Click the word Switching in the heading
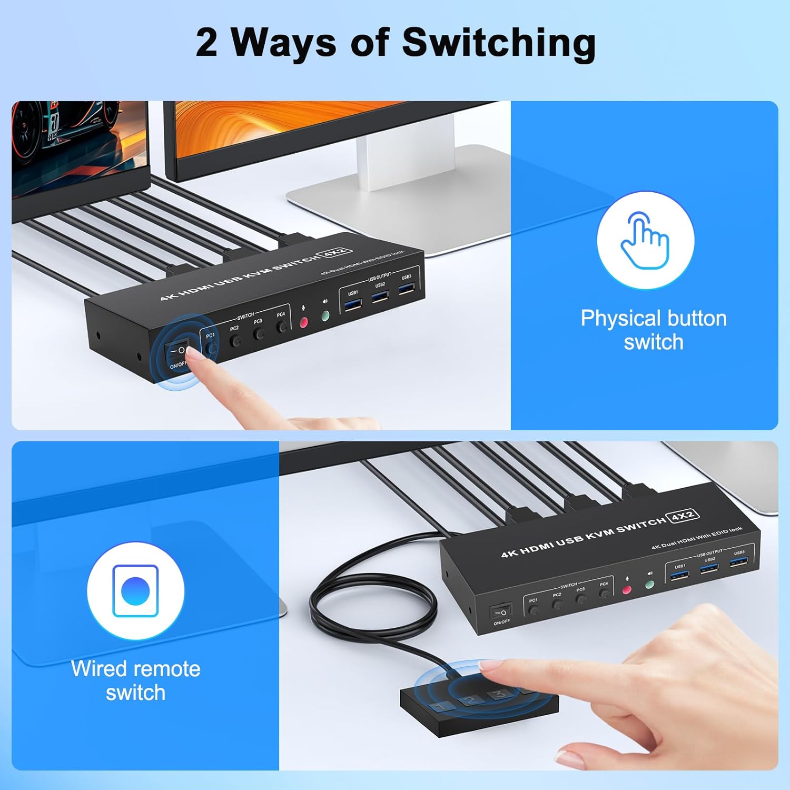pyautogui.click(x=499, y=43)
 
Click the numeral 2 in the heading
pyautogui.click(x=206, y=43)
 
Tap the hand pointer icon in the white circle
pyautogui.click(x=645, y=240)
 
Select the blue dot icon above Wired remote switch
pyautogui.click(x=135, y=591)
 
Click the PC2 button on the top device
pyautogui.click(x=236, y=340)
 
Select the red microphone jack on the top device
pyautogui.click(x=304, y=322)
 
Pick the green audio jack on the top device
pyautogui.click(x=325, y=315)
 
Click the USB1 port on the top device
pyautogui.click(x=353, y=304)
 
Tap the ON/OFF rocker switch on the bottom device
pyautogui.click(x=501, y=612)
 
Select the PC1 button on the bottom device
pyautogui.click(x=534, y=610)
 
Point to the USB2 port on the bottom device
pyautogui.click(x=709, y=568)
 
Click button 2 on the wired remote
pyautogui.click(x=470, y=700)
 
